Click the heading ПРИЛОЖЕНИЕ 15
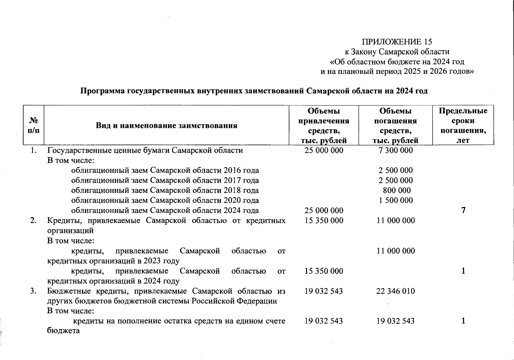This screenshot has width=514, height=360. [x=397, y=42]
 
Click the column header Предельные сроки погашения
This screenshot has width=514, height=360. [x=463, y=125]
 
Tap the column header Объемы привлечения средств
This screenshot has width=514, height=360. [x=324, y=125]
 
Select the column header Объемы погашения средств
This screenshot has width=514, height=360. [x=395, y=125]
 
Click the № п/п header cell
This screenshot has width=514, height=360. [x=34, y=125]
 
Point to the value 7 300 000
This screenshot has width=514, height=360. [x=396, y=150]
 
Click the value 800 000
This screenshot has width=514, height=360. [x=397, y=190]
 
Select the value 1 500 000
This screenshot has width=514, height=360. [x=396, y=200]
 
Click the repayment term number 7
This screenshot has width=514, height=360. [x=463, y=210]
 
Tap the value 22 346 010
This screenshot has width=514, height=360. [x=395, y=291]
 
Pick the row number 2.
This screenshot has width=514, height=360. [x=34, y=220]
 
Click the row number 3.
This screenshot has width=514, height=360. [x=34, y=291]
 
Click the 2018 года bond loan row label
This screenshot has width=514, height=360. [x=165, y=190]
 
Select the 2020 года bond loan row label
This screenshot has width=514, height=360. [x=165, y=200]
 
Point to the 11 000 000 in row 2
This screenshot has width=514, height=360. [x=396, y=220]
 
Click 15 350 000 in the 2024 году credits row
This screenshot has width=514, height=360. [x=324, y=271]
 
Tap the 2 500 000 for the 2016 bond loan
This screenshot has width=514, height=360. [x=396, y=170]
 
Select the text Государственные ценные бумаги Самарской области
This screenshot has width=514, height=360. [x=145, y=150]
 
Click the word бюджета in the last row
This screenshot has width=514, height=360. [x=63, y=331]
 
